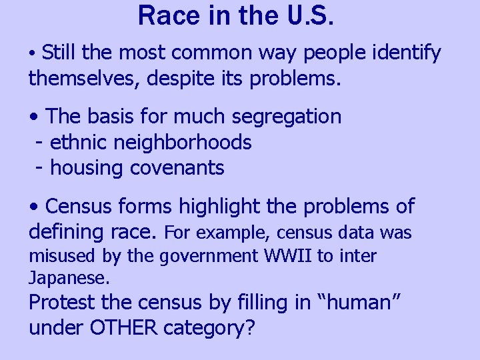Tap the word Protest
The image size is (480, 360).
pyautogui.click(x=62, y=303)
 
